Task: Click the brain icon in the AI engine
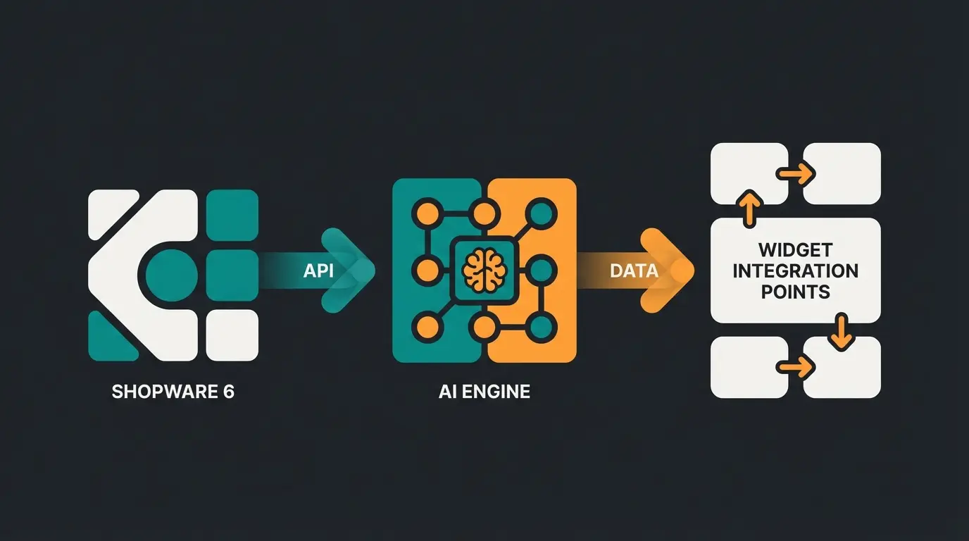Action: [x=484, y=270]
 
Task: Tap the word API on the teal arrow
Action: [x=318, y=270]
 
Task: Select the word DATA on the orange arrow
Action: [x=634, y=270]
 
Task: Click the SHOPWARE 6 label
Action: [x=173, y=392]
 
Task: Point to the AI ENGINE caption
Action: [x=484, y=392]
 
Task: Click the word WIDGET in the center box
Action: [x=795, y=250]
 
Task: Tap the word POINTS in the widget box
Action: [x=795, y=292]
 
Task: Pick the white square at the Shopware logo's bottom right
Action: [x=232, y=335]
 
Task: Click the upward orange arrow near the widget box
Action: [x=749, y=206]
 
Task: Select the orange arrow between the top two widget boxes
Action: [x=796, y=173]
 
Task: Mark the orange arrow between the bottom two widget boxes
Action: [x=796, y=366]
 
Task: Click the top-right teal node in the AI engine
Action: [x=540, y=213]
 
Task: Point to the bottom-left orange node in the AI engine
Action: [x=426, y=327]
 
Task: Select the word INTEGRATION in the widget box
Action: [x=795, y=271]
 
